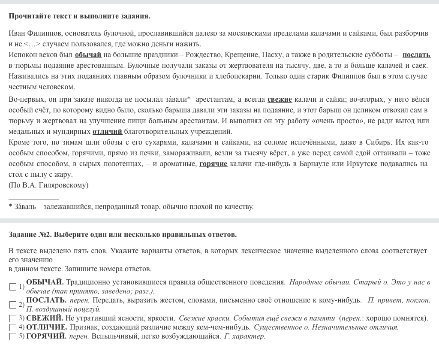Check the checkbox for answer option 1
tap(13, 287)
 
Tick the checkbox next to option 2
tap(13, 305)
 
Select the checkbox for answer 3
tap(13, 318)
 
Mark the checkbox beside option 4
tap(13, 327)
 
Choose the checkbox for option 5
tap(13, 336)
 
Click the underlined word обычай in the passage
tap(88, 54)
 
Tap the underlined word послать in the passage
tap(416, 54)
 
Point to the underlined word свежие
tap(280, 100)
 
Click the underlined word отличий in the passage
tap(107, 132)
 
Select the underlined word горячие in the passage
tap(213, 164)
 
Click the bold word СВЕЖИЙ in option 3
tap(45, 318)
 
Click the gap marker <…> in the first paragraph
tap(32, 44)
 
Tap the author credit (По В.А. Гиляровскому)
tap(48, 185)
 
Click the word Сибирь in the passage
tap(379, 142)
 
